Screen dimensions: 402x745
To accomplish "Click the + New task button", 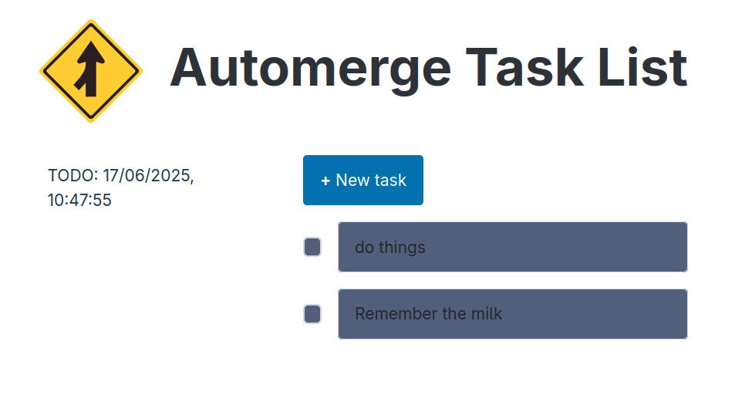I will pyautogui.click(x=362, y=181).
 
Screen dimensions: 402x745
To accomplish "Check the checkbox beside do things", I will pyautogui.click(x=312, y=247).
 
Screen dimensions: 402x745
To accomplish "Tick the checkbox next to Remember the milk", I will pyautogui.click(x=312, y=314).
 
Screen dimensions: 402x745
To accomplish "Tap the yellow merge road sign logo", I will pyautogui.click(x=90, y=71).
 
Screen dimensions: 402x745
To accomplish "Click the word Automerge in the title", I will pyautogui.click(x=310, y=68).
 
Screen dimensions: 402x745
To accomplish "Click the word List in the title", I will pyautogui.click(x=642, y=68).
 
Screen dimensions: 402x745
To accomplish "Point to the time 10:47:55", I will pyautogui.click(x=79, y=201).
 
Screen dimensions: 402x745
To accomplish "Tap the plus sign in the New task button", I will pyautogui.click(x=325, y=181).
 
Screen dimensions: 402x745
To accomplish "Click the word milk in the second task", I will pyautogui.click(x=485, y=314).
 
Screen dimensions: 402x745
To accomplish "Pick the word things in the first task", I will pyautogui.click(x=401, y=248).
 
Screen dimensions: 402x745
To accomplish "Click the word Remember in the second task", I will pyautogui.click(x=391, y=314).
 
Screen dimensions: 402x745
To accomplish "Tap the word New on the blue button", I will pyautogui.click(x=352, y=181).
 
